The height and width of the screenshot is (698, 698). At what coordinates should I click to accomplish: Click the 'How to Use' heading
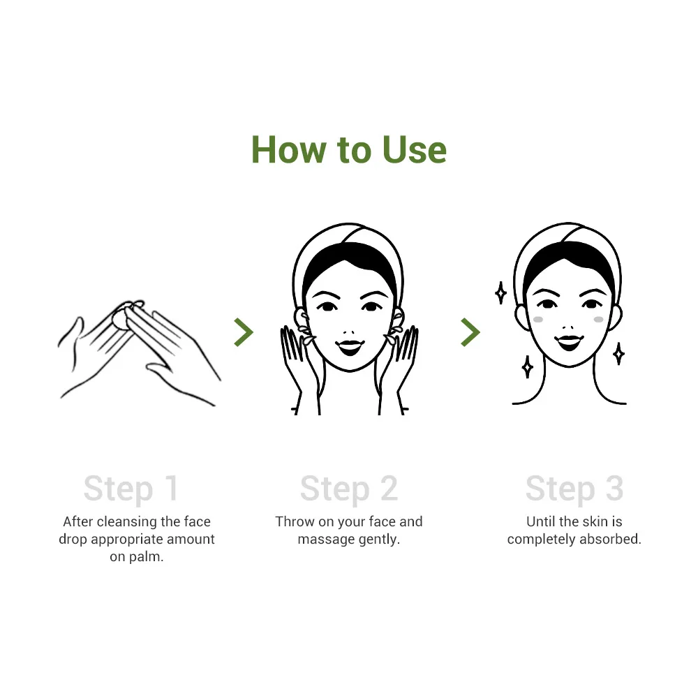click(348, 149)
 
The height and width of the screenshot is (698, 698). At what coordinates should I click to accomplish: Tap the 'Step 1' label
click(131, 489)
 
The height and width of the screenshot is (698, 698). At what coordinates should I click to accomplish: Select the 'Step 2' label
click(348, 489)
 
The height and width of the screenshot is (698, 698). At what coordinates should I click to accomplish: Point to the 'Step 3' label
click(574, 489)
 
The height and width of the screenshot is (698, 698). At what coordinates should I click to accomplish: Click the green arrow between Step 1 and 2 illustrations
click(243, 332)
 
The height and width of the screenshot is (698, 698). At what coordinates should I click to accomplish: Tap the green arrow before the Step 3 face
click(470, 332)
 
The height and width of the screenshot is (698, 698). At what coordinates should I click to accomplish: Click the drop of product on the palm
click(120, 318)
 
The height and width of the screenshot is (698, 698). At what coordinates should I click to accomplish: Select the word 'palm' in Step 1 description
click(149, 558)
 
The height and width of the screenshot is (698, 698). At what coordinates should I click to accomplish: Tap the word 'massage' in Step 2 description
click(323, 540)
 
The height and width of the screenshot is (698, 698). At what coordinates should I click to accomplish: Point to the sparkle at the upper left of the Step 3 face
click(500, 292)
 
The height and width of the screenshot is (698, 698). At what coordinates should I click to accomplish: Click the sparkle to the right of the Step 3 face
click(618, 353)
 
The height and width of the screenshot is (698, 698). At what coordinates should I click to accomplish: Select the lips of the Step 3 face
click(570, 341)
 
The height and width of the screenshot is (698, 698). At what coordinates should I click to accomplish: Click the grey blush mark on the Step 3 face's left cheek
click(538, 319)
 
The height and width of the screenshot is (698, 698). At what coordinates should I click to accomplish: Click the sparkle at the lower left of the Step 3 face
click(528, 366)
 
